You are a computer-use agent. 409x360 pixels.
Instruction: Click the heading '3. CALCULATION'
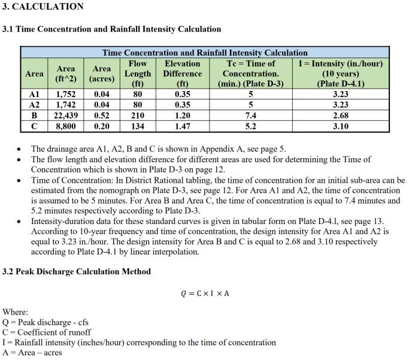pyautogui.click(x=43, y=7)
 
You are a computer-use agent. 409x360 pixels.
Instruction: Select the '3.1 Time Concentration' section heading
pyautogui.click(x=112, y=29)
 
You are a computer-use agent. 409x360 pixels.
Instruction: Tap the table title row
pyautogui.click(x=205, y=53)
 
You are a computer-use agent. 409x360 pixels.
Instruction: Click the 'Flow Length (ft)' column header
pyautogui.click(x=138, y=73)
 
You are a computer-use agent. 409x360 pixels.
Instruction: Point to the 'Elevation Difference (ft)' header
pyautogui.click(x=183, y=73)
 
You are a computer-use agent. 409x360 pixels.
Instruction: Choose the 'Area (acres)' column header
pyautogui.click(x=102, y=74)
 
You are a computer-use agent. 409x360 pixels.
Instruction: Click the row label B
pyautogui.click(x=34, y=116)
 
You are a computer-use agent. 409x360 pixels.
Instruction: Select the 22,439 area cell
pyautogui.click(x=66, y=116)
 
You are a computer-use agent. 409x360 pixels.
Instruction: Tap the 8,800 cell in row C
pyautogui.click(x=66, y=126)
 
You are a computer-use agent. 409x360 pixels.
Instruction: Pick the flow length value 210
pyautogui.click(x=138, y=116)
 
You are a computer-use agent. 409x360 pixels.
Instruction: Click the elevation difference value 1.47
pyautogui.click(x=183, y=126)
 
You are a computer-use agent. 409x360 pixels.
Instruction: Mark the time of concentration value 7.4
pyautogui.click(x=251, y=116)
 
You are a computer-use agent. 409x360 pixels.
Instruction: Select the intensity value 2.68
pyautogui.click(x=340, y=116)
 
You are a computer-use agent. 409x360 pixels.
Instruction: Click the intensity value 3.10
pyautogui.click(x=340, y=126)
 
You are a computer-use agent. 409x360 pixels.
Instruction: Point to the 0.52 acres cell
pyautogui.click(x=102, y=116)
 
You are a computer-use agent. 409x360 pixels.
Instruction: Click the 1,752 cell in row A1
pyautogui.click(x=66, y=94)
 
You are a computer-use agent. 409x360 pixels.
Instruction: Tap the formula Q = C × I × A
pyautogui.click(x=205, y=293)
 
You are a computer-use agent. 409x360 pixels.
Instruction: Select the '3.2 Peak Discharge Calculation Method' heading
pyautogui.click(x=77, y=271)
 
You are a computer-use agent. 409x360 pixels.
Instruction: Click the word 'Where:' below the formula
pyautogui.click(x=15, y=312)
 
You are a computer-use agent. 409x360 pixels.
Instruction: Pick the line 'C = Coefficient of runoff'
pyautogui.click(x=47, y=332)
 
